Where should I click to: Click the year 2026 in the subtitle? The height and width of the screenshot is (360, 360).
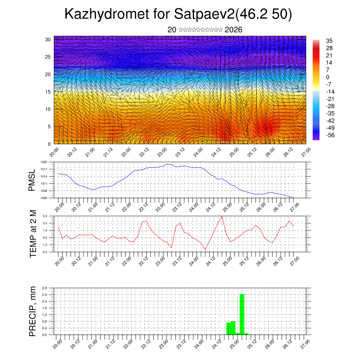[x=233, y=30]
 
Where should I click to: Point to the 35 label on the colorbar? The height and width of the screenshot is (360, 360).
[x=329, y=41]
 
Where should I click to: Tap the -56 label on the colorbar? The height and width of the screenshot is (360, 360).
[x=331, y=135]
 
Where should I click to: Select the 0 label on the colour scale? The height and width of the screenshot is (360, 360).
[x=328, y=77]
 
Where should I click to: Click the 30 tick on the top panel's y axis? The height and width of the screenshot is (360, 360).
[x=48, y=39]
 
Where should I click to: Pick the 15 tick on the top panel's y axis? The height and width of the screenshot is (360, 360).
[x=48, y=92]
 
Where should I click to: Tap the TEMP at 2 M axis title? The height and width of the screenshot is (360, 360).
[x=33, y=233]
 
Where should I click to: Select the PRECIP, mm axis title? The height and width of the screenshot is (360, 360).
[x=33, y=311]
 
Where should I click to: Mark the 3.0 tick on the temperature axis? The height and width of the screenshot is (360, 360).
[x=45, y=216]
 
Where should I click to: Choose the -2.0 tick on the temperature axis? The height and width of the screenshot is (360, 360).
[x=45, y=252]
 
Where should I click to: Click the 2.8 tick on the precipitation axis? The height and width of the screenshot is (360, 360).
[x=44, y=288]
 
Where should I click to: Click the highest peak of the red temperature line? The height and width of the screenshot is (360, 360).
[x=222, y=216]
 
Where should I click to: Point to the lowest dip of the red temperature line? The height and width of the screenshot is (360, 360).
[x=205, y=250]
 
